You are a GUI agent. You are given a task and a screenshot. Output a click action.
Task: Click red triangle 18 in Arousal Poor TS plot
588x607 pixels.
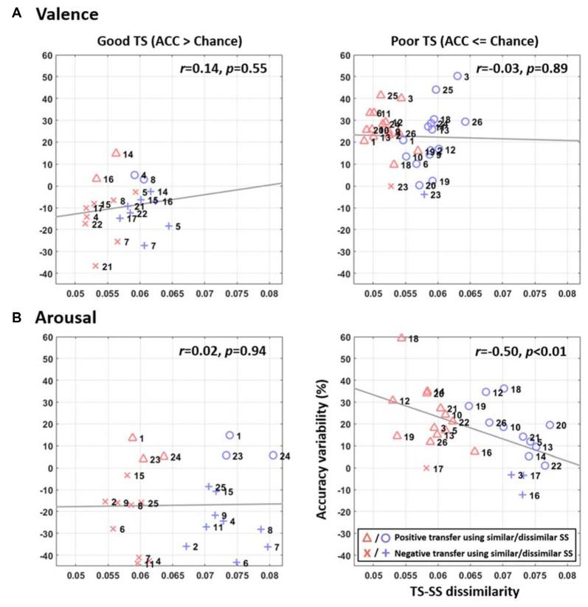click(x=401, y=338)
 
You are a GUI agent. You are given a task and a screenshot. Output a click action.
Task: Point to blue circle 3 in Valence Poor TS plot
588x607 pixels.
click(x=457, y=76)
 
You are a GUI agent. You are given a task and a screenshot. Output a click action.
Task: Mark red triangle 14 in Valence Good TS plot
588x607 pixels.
click(x=116, y=153)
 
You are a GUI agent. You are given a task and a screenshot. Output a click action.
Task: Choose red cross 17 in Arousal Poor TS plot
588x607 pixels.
click(x=426, y=468)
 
